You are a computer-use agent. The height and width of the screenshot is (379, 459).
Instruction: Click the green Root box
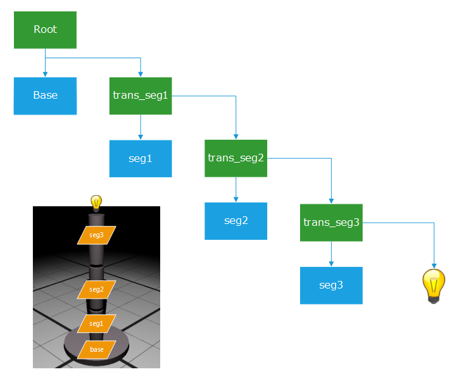[45, 30]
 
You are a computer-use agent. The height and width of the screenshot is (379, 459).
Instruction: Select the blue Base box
[45, 96]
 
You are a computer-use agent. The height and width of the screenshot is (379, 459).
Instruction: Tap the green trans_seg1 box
[141, 96]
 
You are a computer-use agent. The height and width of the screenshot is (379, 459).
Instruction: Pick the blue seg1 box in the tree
[141, 158]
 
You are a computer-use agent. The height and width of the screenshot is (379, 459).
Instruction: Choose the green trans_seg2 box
[236, 158]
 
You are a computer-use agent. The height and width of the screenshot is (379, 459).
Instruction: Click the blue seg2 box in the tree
[236, 221]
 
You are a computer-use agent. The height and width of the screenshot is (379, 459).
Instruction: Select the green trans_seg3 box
[331, 222]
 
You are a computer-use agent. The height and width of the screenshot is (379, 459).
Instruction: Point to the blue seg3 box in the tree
[331, 285]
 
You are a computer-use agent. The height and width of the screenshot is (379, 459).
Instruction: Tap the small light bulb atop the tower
[96, 202]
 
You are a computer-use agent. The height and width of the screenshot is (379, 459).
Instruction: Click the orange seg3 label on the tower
[96, 235]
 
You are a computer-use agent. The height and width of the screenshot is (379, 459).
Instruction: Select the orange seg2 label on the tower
[96, 289]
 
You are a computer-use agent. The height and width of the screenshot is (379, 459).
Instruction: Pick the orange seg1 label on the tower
[96, 323]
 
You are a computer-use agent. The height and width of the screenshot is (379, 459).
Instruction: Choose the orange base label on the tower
[96, 349]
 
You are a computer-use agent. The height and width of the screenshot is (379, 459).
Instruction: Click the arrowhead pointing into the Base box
[45, 74]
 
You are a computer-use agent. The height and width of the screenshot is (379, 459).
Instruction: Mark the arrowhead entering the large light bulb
[434, 266]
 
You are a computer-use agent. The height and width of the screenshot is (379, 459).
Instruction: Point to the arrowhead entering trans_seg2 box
[236, 137]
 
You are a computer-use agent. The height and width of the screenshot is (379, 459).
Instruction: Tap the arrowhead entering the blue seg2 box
[236, 199]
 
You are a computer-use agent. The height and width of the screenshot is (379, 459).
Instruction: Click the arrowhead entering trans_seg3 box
[331, 201]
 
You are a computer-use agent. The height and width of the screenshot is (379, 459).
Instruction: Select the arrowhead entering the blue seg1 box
[141, 137]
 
